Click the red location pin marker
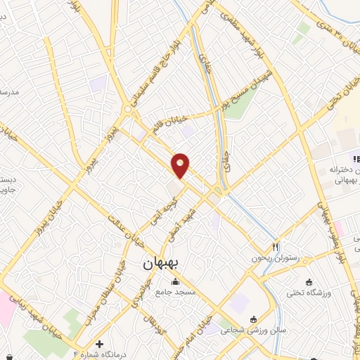181,165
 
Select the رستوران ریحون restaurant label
275,258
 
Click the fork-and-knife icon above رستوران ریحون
276,247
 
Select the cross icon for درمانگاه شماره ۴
99,345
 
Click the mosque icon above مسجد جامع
176,281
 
